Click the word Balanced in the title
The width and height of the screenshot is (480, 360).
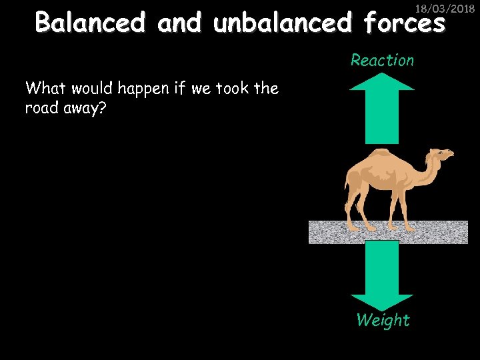point(89,23)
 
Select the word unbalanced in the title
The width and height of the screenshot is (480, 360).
point(283,23)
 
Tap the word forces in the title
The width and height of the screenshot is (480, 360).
point(404,23)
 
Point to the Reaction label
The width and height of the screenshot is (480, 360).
point(382,61)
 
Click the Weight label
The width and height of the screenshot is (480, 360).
point(383,321)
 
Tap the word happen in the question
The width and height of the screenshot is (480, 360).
point(145,89)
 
